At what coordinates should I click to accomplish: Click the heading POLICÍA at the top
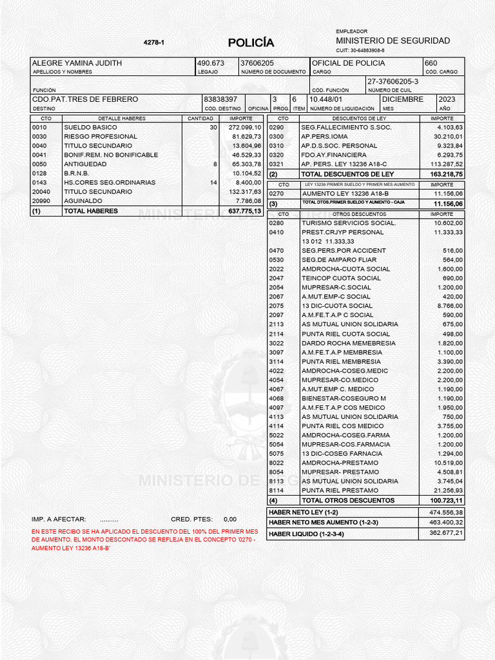(251, 43)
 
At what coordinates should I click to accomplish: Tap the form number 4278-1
(153, 43)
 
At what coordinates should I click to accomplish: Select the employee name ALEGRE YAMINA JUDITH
(77, 63)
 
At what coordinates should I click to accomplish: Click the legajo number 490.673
(211, 63)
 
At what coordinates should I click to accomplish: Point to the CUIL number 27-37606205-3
(393, 82)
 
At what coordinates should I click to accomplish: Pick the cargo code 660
(431, 63)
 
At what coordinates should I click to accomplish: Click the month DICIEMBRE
(403, 100)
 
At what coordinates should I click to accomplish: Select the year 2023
(447, 100)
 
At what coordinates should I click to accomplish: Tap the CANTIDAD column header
(200, 119)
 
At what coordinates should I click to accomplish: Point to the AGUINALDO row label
(82, 201)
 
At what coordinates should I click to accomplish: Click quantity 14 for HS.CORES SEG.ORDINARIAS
(214, 182)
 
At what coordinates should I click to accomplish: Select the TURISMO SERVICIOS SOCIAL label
(349, 223)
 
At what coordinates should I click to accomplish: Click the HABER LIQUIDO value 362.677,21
(446, 534)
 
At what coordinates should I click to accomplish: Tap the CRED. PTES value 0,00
(230, 519)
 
